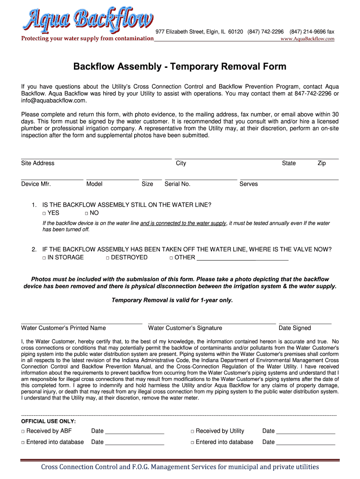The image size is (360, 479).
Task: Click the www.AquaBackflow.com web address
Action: click(x=307, y=39)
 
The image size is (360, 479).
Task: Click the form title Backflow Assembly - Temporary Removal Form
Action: click(x=180, y=66)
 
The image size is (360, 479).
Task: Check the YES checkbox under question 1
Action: click(x=44, y=213)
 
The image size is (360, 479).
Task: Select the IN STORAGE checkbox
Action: click(x=44, y=258)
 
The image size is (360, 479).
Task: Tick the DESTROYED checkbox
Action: click(x=108, y=258)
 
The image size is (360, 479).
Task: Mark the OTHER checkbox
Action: click(x=171, y=258)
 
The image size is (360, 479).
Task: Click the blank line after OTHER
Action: click(x=243, y=258)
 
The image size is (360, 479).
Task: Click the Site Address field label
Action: click(x=38, y=163)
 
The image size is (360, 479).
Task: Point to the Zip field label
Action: click(x=322, y=163)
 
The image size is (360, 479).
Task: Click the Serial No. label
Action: click(x=178, y=184)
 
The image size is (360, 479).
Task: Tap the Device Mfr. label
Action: click(x=36, y=184)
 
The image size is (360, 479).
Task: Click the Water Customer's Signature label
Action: click(x=185, y=328)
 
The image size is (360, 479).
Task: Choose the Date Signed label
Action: click(x=295, y=328)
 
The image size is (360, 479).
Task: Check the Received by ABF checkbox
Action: click(x=23, y=431)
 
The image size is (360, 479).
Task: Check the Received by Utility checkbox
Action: click(x=192, y=431)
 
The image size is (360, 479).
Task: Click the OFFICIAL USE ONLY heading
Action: click(x=49, y=421)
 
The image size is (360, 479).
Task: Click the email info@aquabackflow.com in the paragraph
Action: click(x=54, y=101)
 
